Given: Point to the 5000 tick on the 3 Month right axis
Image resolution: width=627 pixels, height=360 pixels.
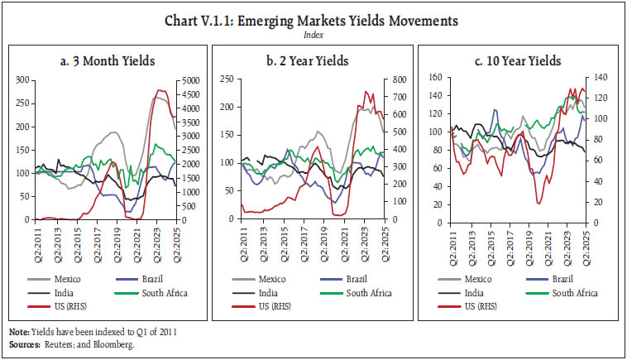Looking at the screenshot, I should tap(190, 80).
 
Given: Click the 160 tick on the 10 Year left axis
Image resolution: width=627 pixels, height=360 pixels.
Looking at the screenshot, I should tap(436, 77).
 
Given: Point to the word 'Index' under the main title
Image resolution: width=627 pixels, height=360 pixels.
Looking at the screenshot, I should tap(313, 34).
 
